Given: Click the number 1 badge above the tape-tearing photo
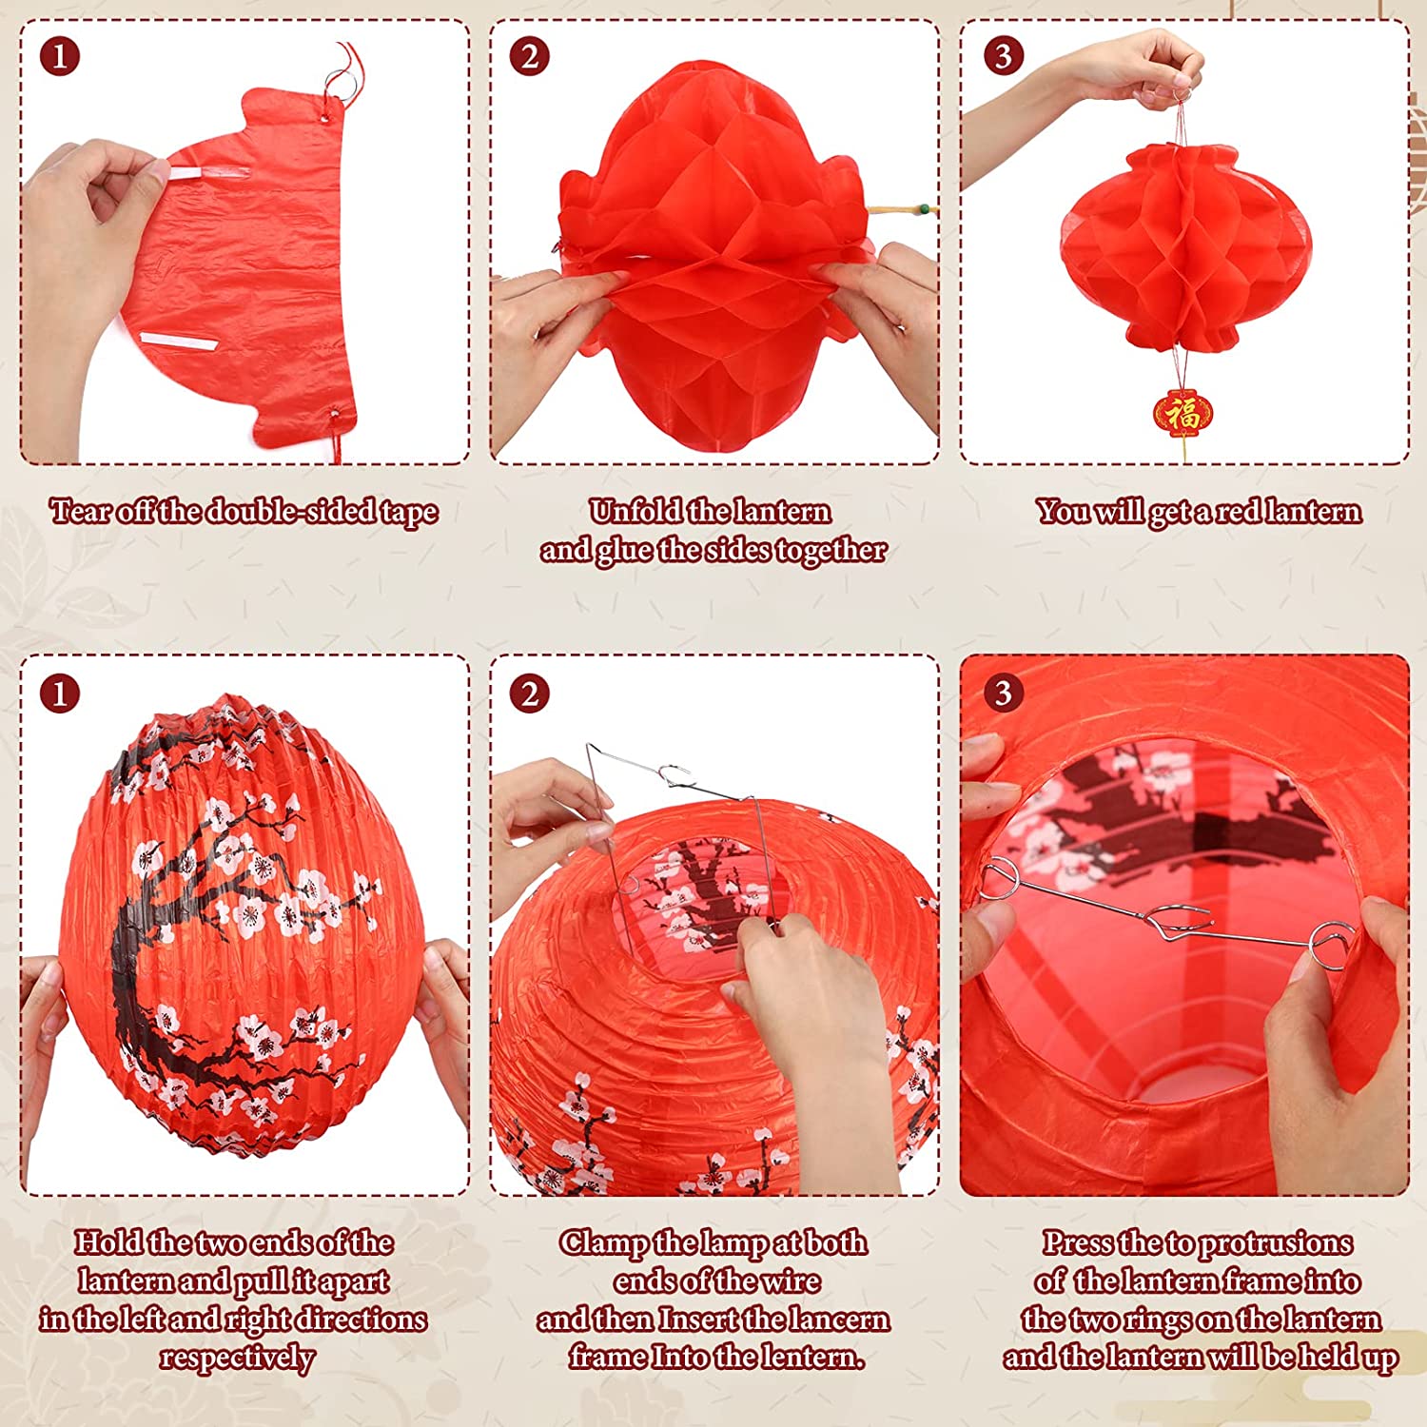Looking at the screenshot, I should (x=59, y=57).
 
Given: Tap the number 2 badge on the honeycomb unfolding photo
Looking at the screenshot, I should (x=529, y=57).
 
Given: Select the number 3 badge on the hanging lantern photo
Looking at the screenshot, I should (x=1002, y=56).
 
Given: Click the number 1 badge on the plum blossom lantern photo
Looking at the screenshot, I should (x=59, y=694).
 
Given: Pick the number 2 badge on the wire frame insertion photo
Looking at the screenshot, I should (x=529, y=694).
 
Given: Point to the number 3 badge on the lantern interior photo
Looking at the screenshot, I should (x=1002, y=693).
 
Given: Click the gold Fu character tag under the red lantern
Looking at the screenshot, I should (x=1183, y=413).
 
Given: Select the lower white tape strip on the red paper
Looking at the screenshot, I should (x=180, y=342).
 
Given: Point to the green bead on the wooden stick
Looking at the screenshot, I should (x=920, y=206).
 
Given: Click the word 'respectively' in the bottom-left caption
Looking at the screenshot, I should (x=237, y=1358).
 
